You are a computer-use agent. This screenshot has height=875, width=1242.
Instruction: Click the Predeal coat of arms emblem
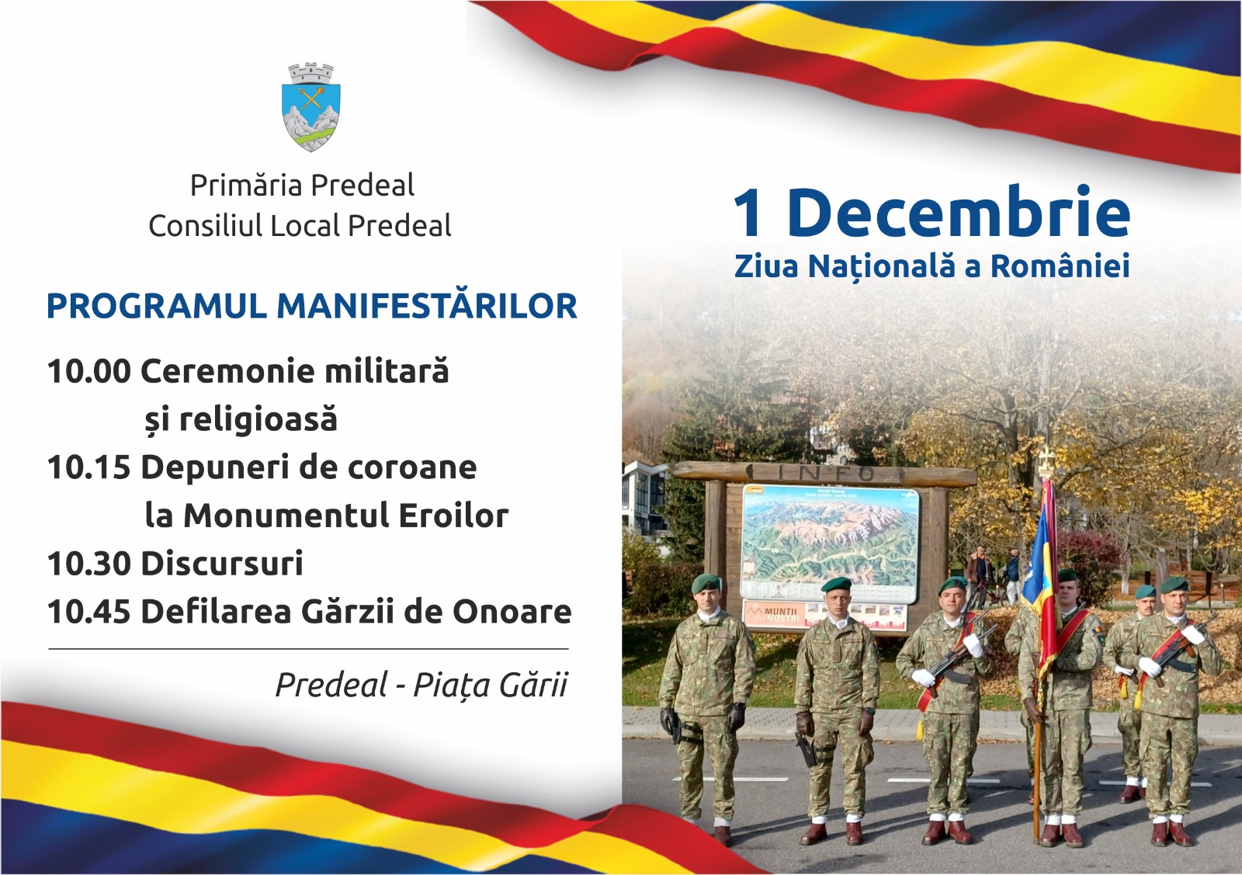pyautogui.click(x=310, y=107)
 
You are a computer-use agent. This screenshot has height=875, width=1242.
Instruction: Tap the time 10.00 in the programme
pyautogui.click(x=89, y=371)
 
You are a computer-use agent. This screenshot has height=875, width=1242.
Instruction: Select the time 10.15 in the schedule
pyautogui.click(x=88, y=467)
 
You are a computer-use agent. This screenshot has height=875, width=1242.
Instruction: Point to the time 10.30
pyautogui.click(x=89, y=564)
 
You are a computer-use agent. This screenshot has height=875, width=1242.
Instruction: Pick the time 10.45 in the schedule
pyautogui.click(x=89, y=612)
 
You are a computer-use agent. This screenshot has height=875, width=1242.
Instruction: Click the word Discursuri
pyautogui.click(x=222, y=564)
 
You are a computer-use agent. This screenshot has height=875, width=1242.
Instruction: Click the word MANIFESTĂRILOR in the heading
pyautogui.click(x=427, y=306)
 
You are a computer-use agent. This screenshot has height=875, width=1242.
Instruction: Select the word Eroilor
pyautogui.click(x=453, y=516)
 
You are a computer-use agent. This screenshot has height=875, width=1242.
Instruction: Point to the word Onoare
pyautogui.click(x=512, y=612)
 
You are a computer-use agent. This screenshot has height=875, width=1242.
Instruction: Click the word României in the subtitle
pyautogui.click(x=1060, y=266)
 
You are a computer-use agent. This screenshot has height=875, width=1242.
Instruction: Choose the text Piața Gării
pyautogui.click(x=491, y=686)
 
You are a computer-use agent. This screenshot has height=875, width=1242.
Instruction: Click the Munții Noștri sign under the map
pyautogui.click(x=772, y=614)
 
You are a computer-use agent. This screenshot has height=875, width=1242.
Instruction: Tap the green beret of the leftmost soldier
pyautogui.click(x=706, y=582)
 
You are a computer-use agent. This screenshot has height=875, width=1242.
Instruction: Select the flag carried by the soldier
pyautogui.click(x=1040, y=577)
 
